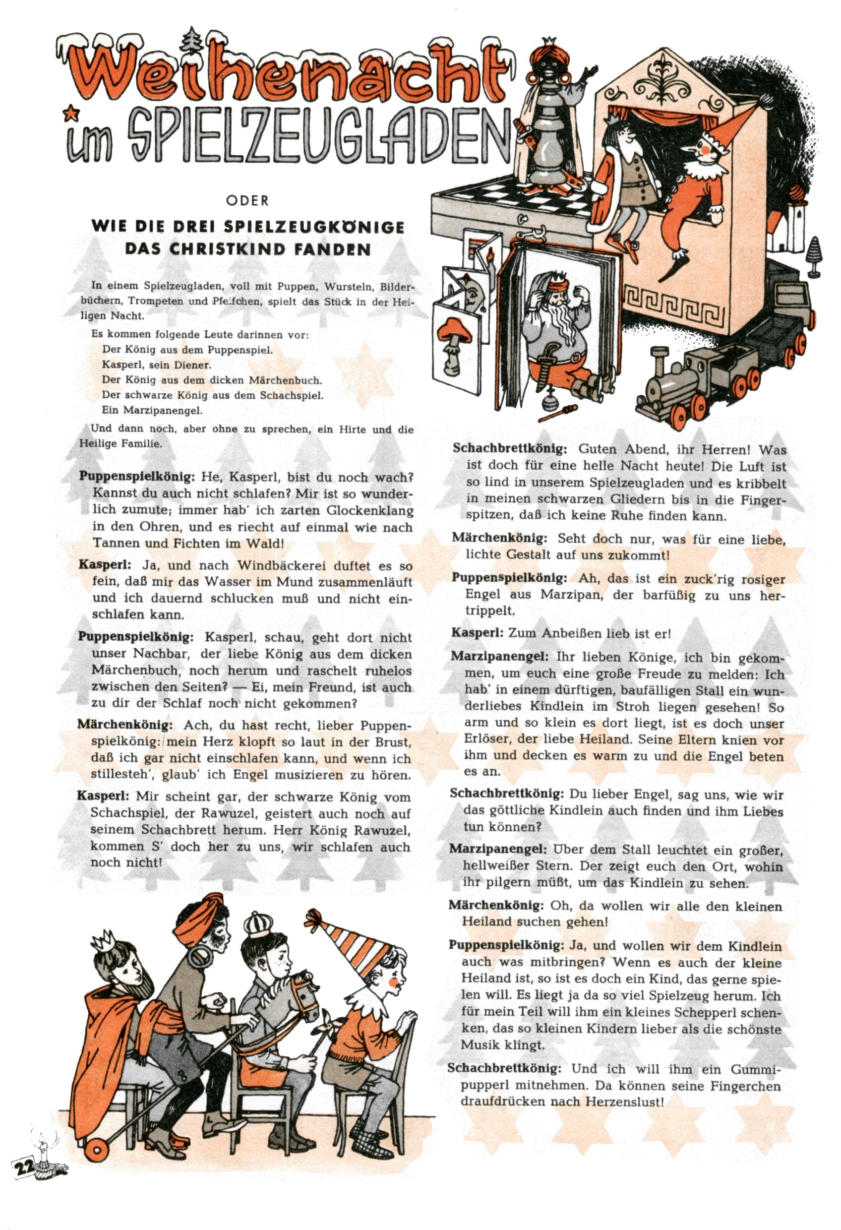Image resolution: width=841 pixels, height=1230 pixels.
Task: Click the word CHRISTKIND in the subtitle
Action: click(222, 249)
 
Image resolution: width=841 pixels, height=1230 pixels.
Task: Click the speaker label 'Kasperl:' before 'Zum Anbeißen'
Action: click(477, 633)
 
